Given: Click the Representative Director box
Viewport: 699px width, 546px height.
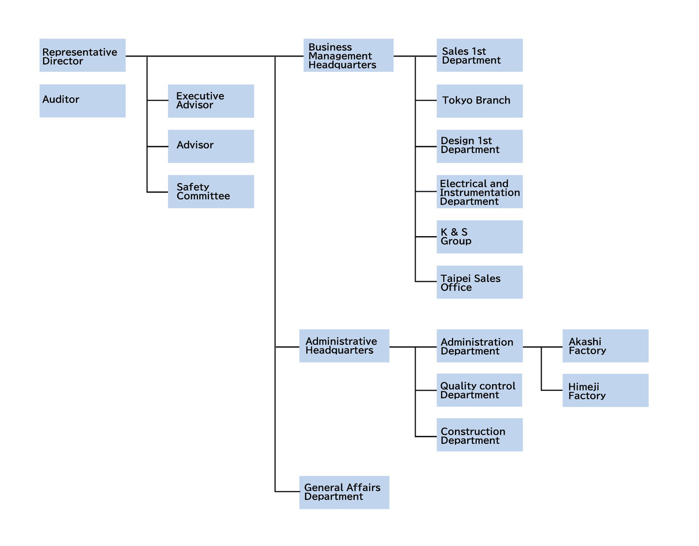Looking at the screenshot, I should point(82,56).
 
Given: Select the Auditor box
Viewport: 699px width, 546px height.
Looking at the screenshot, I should point(82,101).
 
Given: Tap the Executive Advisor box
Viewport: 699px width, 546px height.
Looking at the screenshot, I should point(211,101).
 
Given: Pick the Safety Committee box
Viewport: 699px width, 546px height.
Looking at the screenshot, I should point(211,192).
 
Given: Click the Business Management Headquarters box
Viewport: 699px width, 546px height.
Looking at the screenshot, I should point(348,56).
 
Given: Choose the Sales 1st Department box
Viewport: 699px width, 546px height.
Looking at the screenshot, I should point(479,56).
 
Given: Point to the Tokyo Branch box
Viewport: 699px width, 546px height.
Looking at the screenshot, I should point(479,101).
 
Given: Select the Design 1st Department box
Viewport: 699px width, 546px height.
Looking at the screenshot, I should point(479,146).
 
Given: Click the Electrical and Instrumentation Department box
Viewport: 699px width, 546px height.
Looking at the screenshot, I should point(479,192).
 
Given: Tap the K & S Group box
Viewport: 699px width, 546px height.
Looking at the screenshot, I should point(479,237).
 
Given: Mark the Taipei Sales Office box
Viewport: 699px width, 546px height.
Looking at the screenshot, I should point(479,282).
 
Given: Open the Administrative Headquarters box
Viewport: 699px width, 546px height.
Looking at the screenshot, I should point(344,346).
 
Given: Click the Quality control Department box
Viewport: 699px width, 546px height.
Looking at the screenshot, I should point(479,390).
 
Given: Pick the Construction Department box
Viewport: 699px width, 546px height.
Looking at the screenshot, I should point(479,435).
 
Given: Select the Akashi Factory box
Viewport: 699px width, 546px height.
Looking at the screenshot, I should point(605,346).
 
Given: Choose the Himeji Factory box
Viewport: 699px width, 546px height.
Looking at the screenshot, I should point(605,390).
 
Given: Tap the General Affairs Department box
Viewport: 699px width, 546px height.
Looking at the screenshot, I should point(344,492).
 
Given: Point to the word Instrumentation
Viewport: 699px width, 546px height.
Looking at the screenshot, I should point(480,192).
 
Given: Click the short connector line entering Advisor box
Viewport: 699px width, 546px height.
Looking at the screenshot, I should point(158,146).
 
